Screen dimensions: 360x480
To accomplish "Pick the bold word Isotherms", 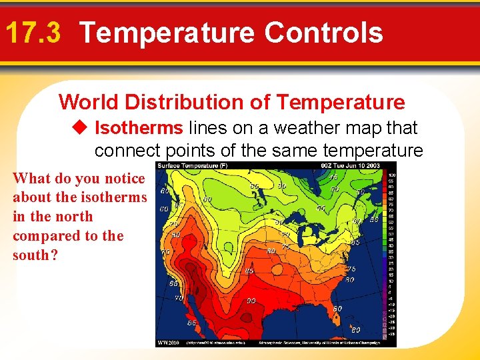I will pos(139,127).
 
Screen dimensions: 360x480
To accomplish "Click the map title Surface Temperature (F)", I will pos(191,166).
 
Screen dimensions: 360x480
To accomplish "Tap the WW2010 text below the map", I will pos(167,343).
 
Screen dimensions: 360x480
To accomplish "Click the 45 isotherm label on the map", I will pos(332,177).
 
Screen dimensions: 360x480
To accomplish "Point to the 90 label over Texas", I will pos(251,301).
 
